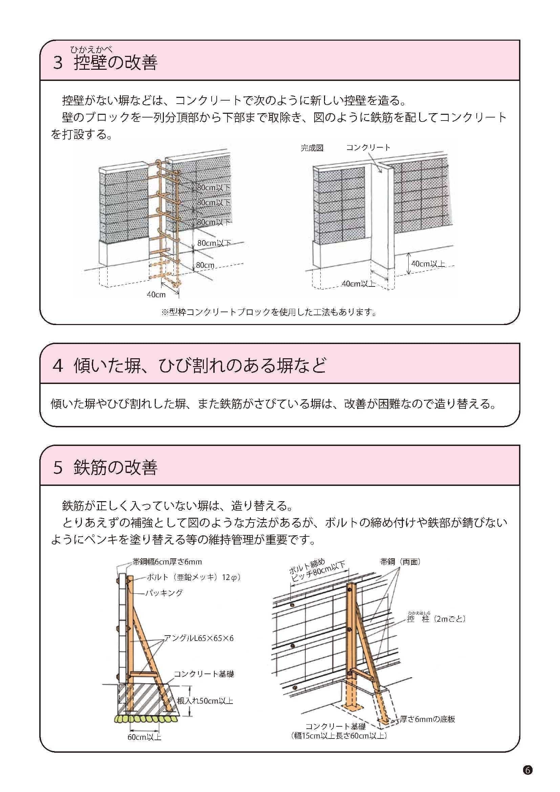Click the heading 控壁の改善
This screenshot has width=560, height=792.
(x=115, y=62)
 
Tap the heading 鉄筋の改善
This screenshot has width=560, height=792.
(x=115, y=467)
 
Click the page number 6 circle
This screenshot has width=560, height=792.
(x=527, y=770)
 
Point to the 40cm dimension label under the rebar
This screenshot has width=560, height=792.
(x=156, y=295)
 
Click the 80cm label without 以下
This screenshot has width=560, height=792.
(x=205, y=265)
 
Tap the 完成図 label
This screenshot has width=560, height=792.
(x=312, y=148)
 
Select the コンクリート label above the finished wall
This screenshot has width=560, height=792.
(x=368, y=148)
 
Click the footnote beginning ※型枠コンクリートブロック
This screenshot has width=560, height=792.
(x=268, y=312)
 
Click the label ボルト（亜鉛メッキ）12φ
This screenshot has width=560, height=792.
(x=193, y=577)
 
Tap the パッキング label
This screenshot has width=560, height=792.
(x=164, y=593)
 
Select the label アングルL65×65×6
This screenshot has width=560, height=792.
(x=199, y=639)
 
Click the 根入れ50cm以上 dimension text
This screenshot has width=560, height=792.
(x=205, y=701)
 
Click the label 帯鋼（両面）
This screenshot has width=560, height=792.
(x=400, y=562)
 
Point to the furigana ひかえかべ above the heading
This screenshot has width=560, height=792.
(x=91, y=50)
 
